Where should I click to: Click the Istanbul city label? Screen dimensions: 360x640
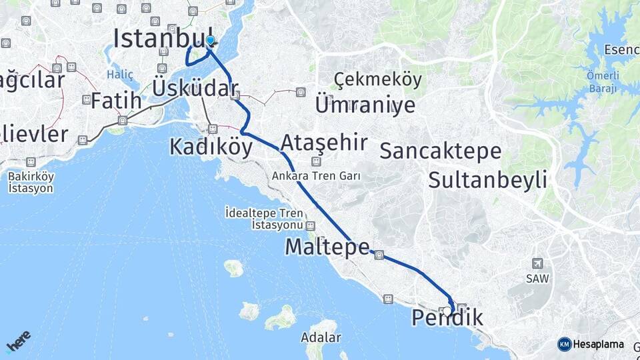tap(163, 38)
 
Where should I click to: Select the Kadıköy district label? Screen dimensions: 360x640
tap(211, 146)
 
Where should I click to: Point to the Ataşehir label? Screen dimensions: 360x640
tap(324, 143)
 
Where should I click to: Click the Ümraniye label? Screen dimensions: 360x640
tap(365, 105)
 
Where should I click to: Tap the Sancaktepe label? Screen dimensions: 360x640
tap(440, 151)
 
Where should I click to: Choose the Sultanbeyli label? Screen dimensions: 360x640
tap(487, 179)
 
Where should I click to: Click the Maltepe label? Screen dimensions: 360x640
tap(327, 247)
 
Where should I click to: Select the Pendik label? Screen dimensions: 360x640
tap(447, 318)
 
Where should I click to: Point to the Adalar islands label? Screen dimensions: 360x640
tap(320, 337)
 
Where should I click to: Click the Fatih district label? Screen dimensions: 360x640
tap(116, 101)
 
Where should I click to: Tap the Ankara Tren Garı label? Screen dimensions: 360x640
tap(316, 177)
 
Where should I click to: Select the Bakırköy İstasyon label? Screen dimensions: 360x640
tap(31, 182)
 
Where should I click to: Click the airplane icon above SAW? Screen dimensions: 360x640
tap(538, 264)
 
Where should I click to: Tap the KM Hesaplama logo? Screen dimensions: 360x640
tap(591, 344)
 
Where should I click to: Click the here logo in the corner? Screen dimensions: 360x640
tap(18, 341)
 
